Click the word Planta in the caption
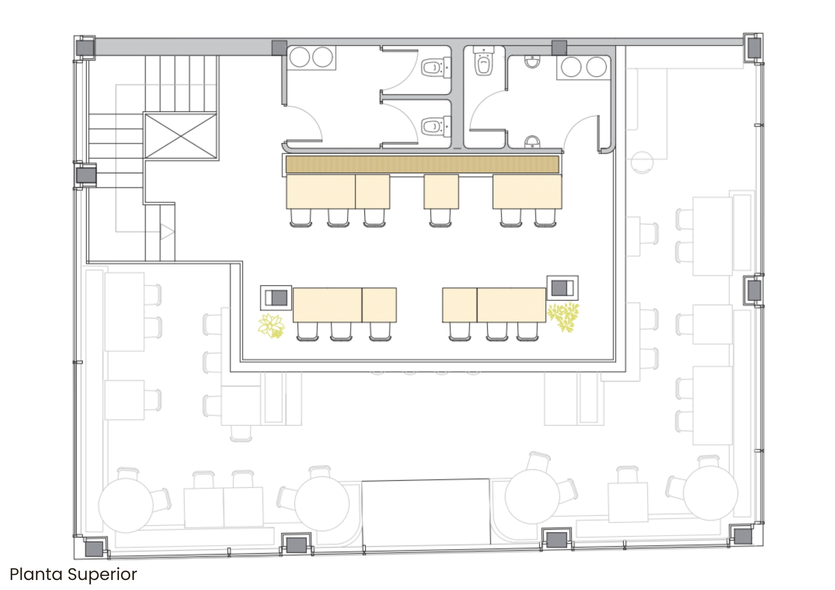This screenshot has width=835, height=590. coord(36,575)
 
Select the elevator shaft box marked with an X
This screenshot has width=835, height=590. coord(181,135)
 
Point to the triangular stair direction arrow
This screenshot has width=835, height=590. coord(167,232)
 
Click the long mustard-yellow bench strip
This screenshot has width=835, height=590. coord(422,164)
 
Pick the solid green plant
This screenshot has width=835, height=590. coord(564,317)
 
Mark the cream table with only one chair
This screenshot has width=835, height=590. coord(441,192)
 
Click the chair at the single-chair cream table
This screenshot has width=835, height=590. coord(440,218)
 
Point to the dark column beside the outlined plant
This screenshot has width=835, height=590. coord(276,298)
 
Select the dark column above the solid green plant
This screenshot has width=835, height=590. coord(563,288)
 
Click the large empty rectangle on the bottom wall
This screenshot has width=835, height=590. coord(426,512)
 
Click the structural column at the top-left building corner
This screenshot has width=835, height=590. coord(85,48)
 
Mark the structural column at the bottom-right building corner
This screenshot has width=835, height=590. coord(743,536)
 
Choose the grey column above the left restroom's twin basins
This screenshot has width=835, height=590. coord(279,48)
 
